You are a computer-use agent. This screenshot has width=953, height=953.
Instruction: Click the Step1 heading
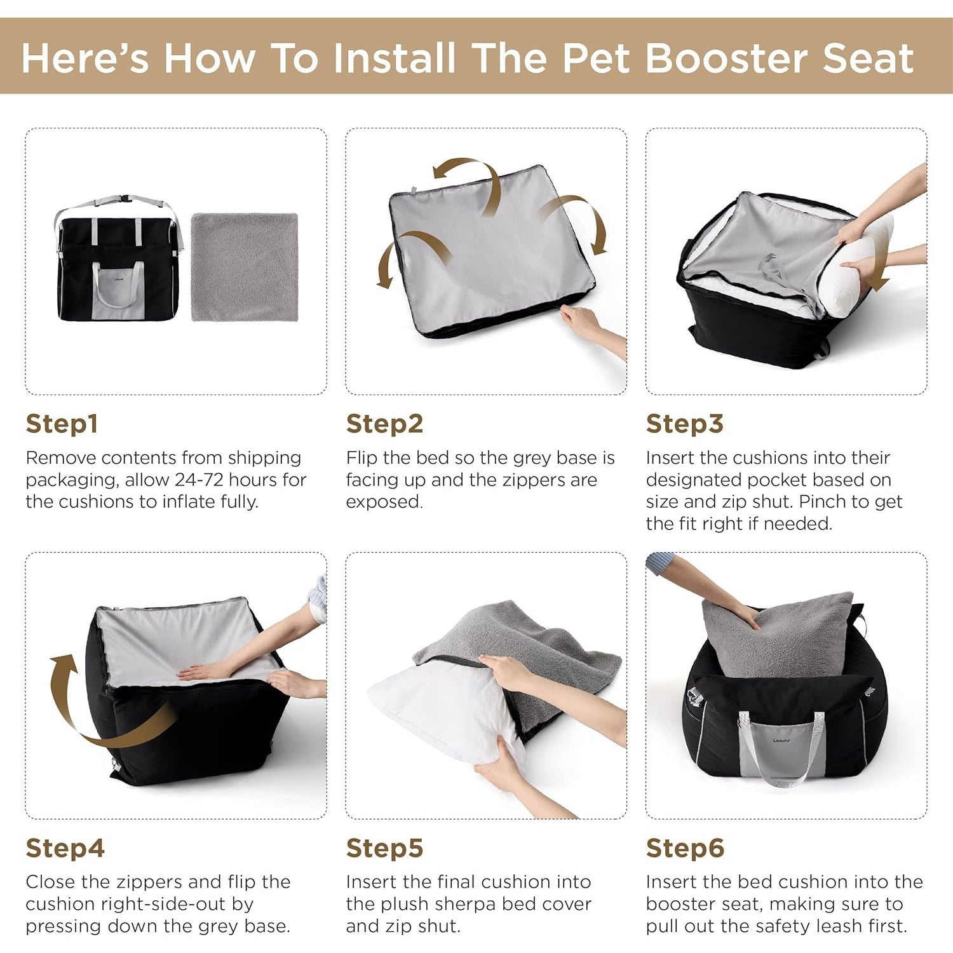coord(62,424)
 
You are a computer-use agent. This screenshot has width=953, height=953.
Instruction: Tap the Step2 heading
coord(384,424)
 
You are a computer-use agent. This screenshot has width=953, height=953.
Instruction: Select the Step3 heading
coord(684,424)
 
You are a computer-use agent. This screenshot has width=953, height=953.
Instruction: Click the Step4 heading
coord(65,848)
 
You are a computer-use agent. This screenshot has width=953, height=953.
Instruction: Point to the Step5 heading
coord(384,848)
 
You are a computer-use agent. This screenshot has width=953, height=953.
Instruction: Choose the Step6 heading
coord(685,848)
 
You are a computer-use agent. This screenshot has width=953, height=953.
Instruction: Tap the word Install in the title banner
coord(395,58)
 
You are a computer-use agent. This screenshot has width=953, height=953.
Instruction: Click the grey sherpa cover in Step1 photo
coord(245,267)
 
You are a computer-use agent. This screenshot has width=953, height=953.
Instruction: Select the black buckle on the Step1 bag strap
coord(122,198)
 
